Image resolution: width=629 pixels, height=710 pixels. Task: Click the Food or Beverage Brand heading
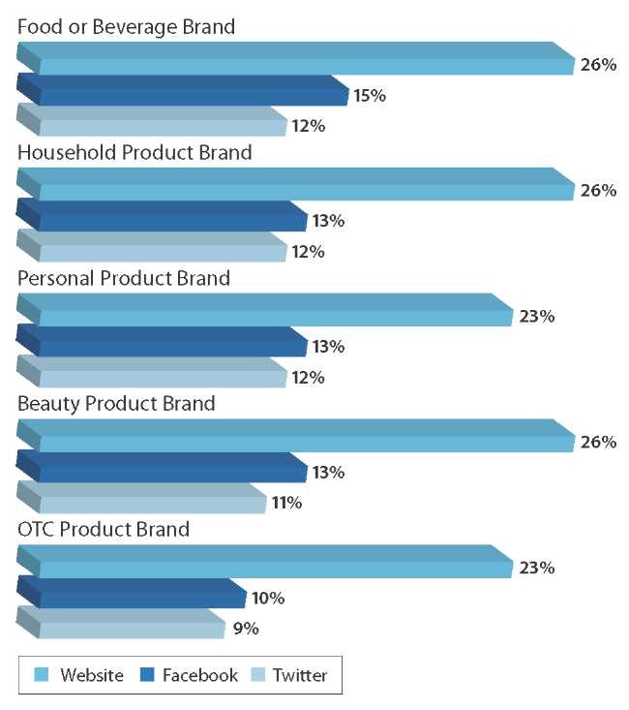point(126,27)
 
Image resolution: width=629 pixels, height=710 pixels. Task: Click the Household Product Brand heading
point(135,153)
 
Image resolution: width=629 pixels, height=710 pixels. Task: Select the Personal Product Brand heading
point(124,279)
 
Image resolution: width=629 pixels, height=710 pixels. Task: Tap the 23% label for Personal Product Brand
point(537,316)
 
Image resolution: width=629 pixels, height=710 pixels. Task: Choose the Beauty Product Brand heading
point(116,404)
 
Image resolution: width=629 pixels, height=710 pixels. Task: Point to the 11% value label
point(286,503)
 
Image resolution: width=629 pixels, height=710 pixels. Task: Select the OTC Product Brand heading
point(104,530)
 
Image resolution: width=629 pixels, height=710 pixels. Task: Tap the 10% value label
point(267,599)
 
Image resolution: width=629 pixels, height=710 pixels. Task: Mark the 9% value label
point(246,630)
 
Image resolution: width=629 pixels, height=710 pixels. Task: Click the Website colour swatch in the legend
point(42,675)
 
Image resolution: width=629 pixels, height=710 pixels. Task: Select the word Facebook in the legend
point(199,675)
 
